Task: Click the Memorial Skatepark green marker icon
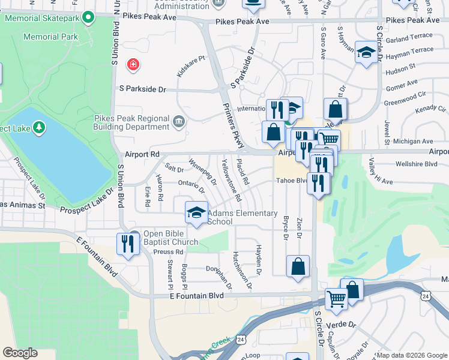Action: (89, 17)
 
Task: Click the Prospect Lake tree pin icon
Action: (39, 127)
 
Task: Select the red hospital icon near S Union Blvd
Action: (132, 64)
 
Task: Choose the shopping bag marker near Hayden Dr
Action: (298, 267)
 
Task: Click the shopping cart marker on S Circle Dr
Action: (337, 298)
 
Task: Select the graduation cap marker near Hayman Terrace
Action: (366, 53)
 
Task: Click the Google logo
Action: (20, 353)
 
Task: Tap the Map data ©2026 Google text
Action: (411, 355)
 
